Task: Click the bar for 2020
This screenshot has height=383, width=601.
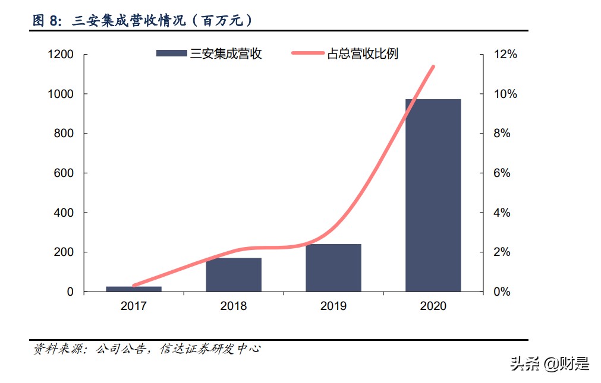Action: coord(433,195)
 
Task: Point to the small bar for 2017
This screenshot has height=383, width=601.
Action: coord(134,289)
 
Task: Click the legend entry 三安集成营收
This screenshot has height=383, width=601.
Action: coord(209,53)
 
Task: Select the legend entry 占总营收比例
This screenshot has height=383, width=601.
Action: coord(345,53)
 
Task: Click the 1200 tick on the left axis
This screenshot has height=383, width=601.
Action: coord(61,55)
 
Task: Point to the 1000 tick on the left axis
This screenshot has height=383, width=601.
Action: coord(61,94)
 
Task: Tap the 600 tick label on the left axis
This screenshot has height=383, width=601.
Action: coord(64,173)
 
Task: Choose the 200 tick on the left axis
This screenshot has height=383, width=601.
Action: coord(64,252)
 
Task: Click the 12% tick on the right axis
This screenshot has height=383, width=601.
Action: coord(506,55)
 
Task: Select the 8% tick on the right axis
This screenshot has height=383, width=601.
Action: coord(502,134)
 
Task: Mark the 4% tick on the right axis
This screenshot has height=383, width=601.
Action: coord(502,213)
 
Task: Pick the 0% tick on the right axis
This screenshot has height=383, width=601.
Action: coord(502,292)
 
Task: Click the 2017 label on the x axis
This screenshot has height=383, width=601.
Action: coord(134,306)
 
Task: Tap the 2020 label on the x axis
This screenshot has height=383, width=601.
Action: coord(433,306)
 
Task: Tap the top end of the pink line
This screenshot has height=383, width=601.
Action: coord(433,67)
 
